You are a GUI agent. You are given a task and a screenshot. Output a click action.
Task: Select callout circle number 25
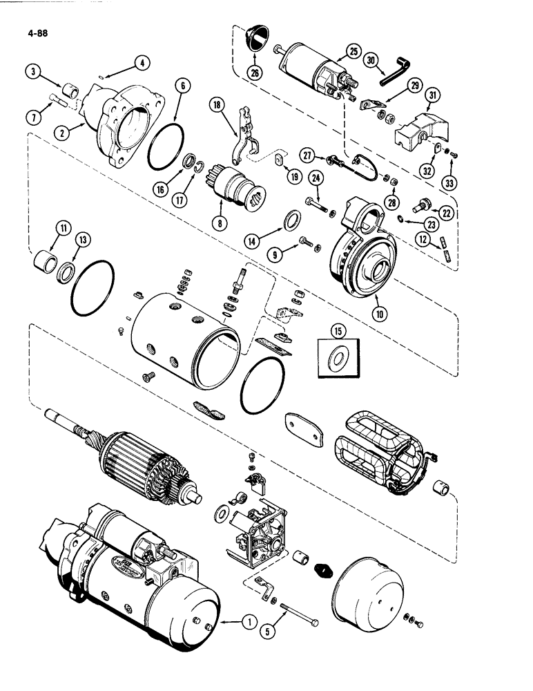(353, 51)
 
